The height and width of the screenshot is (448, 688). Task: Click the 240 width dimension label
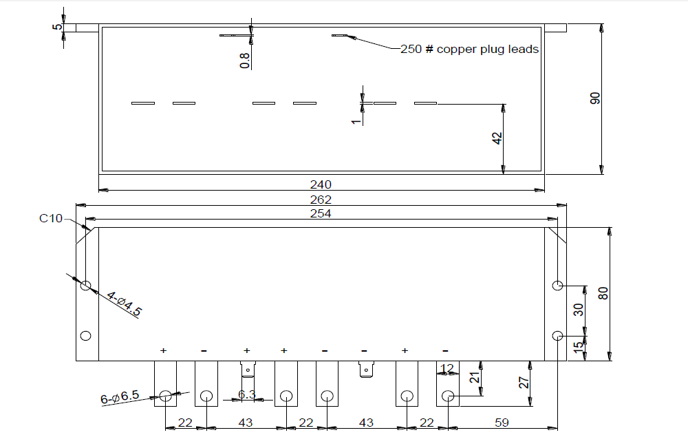pos(321,184)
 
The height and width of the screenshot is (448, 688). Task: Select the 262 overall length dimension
pos(321,200)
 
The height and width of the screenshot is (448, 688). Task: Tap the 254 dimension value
pos(321,213)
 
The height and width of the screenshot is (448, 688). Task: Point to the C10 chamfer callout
pos(50,219)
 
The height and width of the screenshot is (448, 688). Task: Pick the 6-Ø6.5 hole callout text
pos(120,398)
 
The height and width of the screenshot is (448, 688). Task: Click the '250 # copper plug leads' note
pos(469,50)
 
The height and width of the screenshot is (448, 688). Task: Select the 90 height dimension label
pos(596,98)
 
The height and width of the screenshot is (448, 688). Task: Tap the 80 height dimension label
pos(603,293)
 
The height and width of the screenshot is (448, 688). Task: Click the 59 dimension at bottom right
pos(502,423)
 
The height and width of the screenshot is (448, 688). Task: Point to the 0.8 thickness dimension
pos(245,60)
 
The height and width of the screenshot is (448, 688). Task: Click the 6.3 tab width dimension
pos(246,394)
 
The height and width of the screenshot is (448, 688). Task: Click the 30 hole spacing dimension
pos(579,310)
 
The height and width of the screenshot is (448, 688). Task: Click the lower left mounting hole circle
pos(86,336)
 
